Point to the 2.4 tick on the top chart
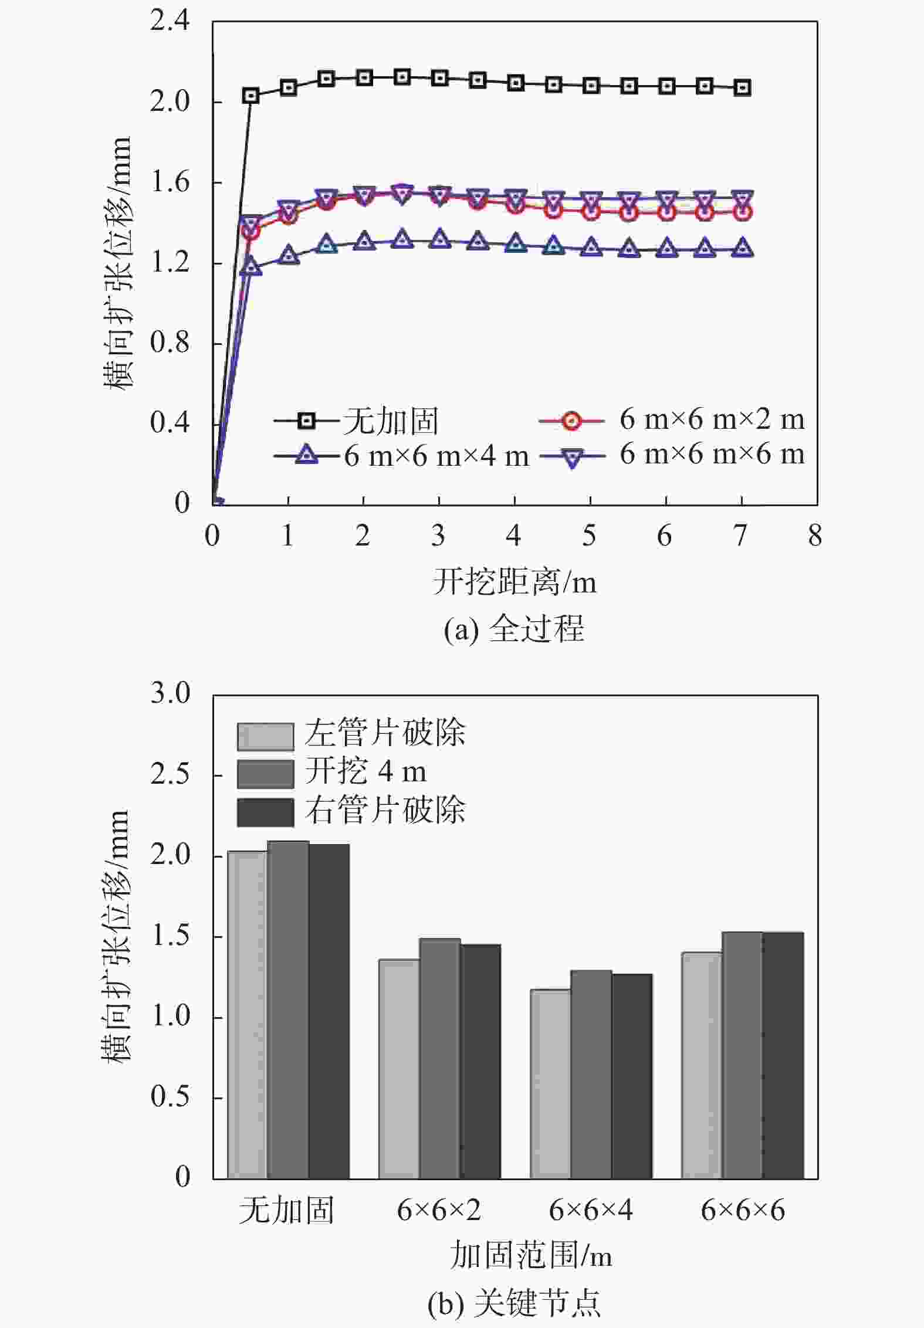pos(170,21)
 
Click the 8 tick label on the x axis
pos(815,536)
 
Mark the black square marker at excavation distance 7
pos(742,87)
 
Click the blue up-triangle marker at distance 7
pos(742,248)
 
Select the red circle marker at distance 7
pos(742,212)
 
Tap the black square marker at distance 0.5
pos(251,96)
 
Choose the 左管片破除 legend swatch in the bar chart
pos(265,737)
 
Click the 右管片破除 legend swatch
pos(265,812)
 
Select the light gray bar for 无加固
pos(248,1015)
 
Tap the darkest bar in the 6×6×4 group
pos(632,1076)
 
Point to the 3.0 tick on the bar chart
pos(170,694)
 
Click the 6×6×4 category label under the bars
pos(591,1210)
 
